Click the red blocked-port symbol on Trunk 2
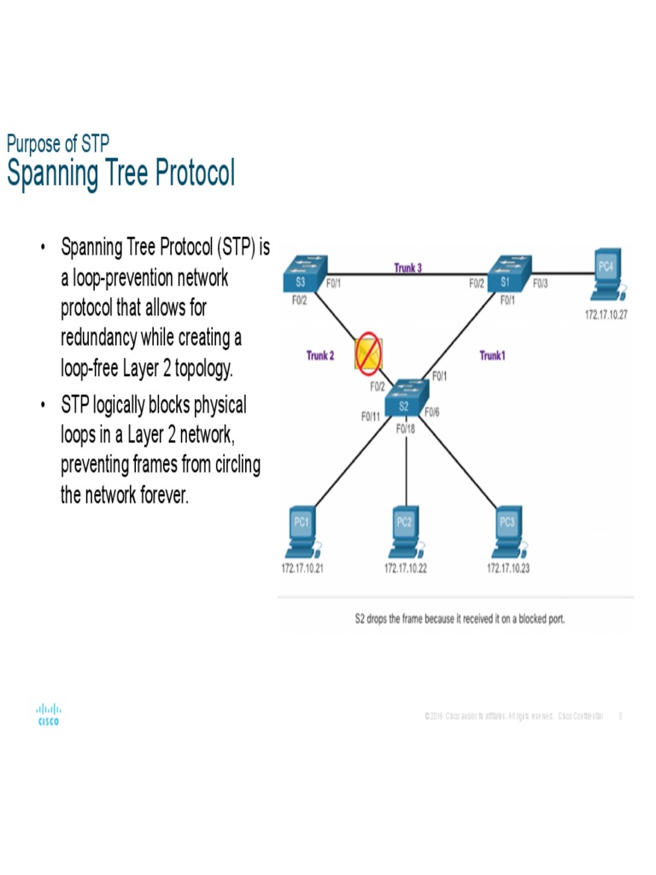pyautogui.click(x=369, y=354)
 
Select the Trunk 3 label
pyautogui.click(x=407, y=268)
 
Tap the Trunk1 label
pyautogui.click(x=492, y=355)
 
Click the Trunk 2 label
pyautogui.click(x=320, y=355)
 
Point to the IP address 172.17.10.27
pyautogui.click(x=606, y=315)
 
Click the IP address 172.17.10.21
pyautogui.click(x=302, y=568)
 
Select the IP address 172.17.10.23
pyautogui.click(x=508, y=568)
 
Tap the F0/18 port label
pyautogui.click(x=406, y=429)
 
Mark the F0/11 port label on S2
pyautogui.click(x=371, y=417)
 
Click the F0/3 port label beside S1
pyautogui.click(x=541, y=284)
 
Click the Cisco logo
pyautogui.click(x=48, y=714)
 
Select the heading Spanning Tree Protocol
pyautogui.click(x=120, y=173)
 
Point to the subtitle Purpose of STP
pyautogui.click(x=57, y=144)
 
